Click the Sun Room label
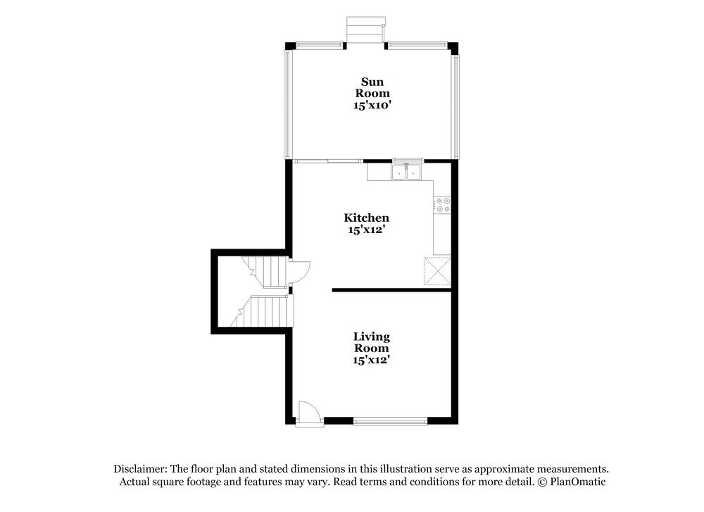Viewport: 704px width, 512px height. (x=372, y=87)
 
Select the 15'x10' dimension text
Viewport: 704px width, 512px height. (x=372, y=105)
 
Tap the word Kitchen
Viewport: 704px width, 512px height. (x=366, y=218)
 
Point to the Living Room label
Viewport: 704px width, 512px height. (x=371, y=342)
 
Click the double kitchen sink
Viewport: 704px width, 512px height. (x=405, y=172)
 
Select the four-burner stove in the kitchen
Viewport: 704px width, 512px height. (x=443, y=205)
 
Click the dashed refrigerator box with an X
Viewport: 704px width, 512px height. (x=437, y=270)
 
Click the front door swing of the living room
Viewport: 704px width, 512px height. (x=308, y=413)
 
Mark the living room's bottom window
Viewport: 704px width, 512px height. (x=390, y=421)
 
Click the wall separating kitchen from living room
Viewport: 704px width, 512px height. (x=391, y=289)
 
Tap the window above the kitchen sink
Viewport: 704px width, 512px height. (x=407, y=160)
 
